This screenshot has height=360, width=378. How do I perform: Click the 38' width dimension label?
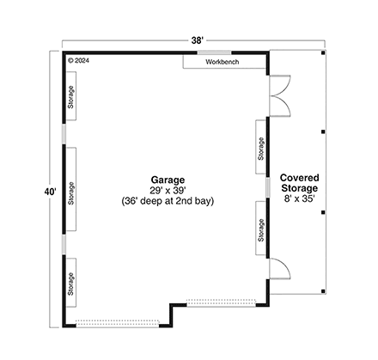point(198,39)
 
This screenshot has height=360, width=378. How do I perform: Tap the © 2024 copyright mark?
point(78,61)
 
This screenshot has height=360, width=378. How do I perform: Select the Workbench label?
point(223,63)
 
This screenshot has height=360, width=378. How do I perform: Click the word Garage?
point(168,179)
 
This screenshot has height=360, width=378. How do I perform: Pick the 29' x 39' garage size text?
point(168,190)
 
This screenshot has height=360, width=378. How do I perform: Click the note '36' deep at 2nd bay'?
point(168,201)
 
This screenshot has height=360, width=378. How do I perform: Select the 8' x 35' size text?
point(297,198)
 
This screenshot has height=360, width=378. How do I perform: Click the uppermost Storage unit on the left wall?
point(71,97)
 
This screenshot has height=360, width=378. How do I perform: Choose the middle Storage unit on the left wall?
point(71,190)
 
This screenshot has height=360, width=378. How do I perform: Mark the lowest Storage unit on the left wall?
point(71,283)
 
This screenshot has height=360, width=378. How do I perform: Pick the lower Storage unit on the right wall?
point(261,229)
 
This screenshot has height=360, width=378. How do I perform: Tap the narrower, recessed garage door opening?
point(223,302)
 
